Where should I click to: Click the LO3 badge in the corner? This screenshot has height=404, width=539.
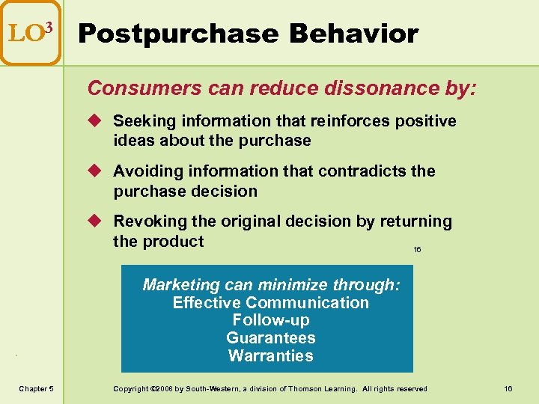click(x=30, y=33)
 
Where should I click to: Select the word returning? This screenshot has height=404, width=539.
click(x=416, y=221)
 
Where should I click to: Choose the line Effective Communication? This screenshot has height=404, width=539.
click(x=270, y=303)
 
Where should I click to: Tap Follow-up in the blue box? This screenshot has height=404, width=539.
click(x=270, y=320)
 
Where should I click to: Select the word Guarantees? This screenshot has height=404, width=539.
click(x=270, y=338)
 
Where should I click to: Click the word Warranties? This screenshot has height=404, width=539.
click(x=270, y=356)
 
